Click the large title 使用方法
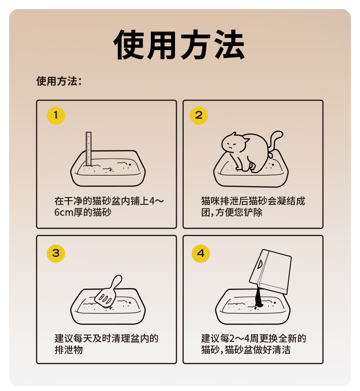(x=179, y=45)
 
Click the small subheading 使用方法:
(x=59, y=81)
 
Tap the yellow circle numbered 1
(x=56, y=116)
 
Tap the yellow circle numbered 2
(x=199, y=116)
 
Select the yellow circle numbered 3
(x=56, y=254)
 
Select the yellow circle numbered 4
(x=201, y=254)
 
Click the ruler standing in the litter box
(x=88, y=149)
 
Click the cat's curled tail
(x=275, y=141)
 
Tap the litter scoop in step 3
(x=108, y=291)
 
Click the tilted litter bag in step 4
(x=270, y=271)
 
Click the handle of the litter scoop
(x=117, y=282)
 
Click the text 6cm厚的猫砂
(x=82, y=212)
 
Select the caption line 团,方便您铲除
(x=231, y=212)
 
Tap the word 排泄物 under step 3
(x=69, y=350)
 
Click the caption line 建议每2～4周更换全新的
(x=254, y=338)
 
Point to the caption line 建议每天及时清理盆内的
(x=107, y=338)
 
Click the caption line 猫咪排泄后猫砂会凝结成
(x=253, y=201)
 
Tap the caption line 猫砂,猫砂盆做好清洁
(x=246, y=350)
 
